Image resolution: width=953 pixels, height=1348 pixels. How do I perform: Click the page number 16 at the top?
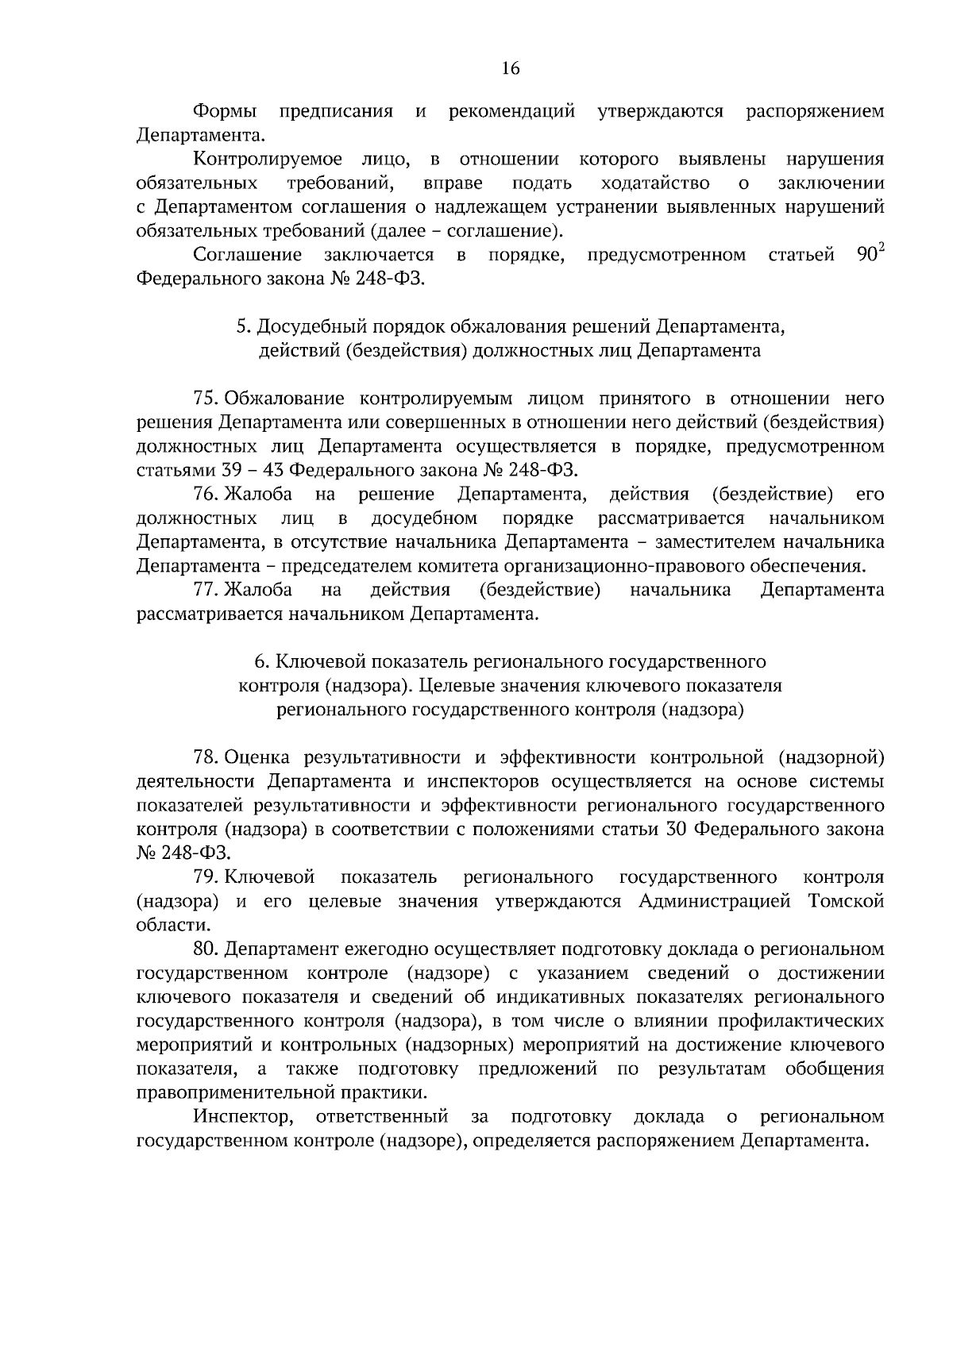510,69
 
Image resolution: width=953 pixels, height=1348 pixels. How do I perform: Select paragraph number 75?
206,399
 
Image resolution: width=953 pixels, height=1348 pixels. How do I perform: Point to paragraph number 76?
206,495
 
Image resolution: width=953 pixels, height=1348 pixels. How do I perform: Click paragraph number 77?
206,590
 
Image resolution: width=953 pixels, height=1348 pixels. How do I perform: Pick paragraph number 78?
206,757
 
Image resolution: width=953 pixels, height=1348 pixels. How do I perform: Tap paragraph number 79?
206,877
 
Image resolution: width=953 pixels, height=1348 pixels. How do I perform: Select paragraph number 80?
206,949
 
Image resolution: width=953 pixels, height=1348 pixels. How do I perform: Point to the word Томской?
846,902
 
